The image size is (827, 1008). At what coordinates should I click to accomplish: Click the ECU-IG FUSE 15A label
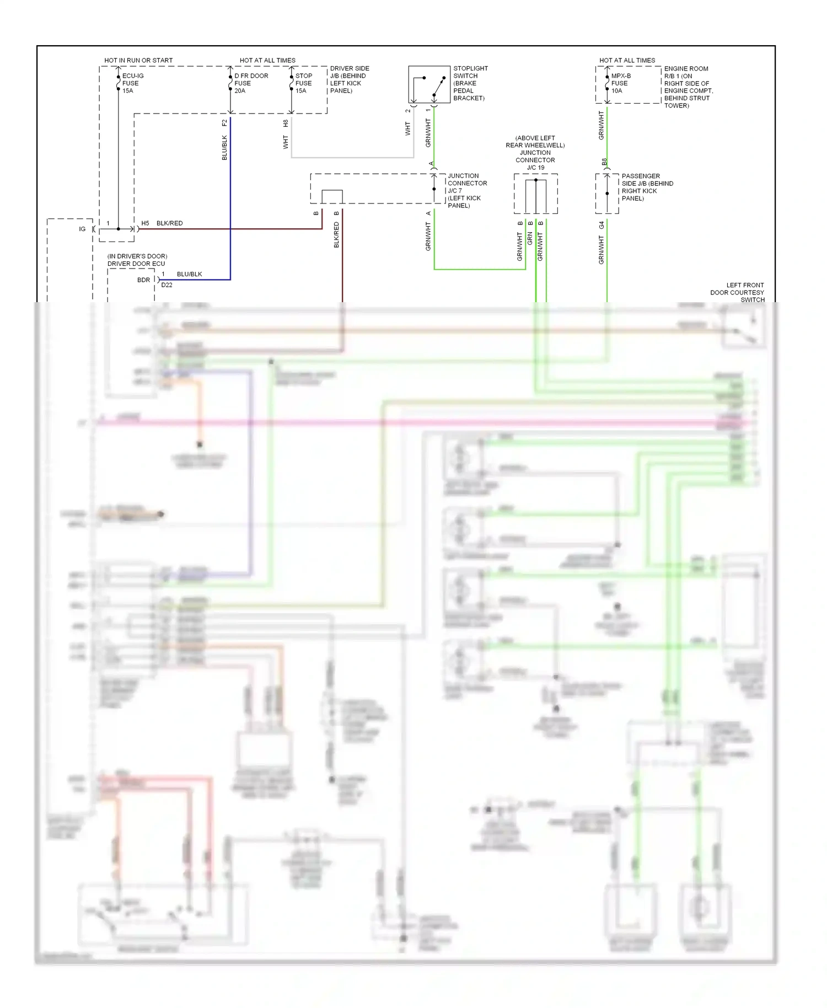tap(132, 83)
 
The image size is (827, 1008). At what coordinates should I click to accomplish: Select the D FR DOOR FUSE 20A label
tap(251, 83)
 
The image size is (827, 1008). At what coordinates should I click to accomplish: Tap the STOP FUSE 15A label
tap(303, 83)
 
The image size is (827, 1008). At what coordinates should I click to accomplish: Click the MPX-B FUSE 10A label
tap(621, 83)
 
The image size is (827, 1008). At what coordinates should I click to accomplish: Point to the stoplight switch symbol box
tap(429, 84)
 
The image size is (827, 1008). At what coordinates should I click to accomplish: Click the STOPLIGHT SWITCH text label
tap(470, 83)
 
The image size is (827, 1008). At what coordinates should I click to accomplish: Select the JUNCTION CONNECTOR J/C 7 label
tap(466, 190)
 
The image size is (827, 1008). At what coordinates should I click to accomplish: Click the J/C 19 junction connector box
tap(535, 194)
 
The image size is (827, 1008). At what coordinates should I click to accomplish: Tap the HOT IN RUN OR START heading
tap(138, 60)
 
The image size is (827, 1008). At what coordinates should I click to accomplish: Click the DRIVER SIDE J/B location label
tap(349, 79)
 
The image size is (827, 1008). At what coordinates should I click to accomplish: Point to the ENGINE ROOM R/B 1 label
tap(688, 87)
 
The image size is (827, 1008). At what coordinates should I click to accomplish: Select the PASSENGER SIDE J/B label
tap(647, 187)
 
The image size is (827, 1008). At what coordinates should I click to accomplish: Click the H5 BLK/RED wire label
tap(162, 223)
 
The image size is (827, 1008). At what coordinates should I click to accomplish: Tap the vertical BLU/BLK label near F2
tap(224, 148)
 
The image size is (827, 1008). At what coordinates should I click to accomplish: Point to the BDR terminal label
tap(143, 280)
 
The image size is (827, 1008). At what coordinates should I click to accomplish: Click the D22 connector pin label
tap(167, 285)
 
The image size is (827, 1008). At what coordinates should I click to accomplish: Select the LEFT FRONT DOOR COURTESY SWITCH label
tap(737, 292)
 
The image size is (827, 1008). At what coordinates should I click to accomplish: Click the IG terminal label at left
tap(82, 229)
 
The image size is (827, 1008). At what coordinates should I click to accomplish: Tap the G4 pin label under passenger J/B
tap(602, 225)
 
